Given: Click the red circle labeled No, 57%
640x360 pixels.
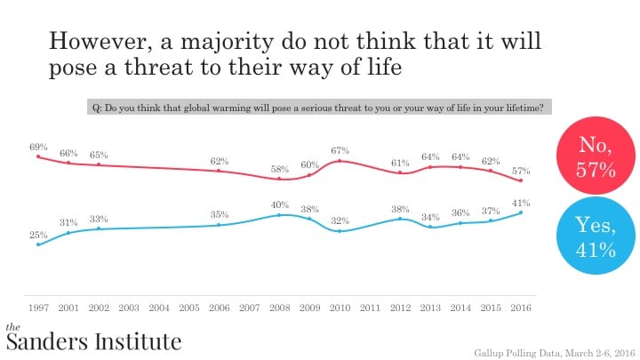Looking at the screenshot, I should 596,156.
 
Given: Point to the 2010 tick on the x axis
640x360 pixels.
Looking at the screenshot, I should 340,308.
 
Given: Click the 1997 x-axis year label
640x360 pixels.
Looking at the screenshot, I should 38,308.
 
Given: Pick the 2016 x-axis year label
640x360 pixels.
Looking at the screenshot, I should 521,308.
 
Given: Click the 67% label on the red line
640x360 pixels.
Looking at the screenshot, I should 340,150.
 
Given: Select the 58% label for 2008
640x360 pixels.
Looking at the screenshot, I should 280,168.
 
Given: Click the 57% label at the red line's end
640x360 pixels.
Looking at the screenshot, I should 521,170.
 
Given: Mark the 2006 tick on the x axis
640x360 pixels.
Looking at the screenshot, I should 220,308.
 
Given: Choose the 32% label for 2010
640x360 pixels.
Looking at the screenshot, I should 340,220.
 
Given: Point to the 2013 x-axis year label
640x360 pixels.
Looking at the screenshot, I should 431,308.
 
